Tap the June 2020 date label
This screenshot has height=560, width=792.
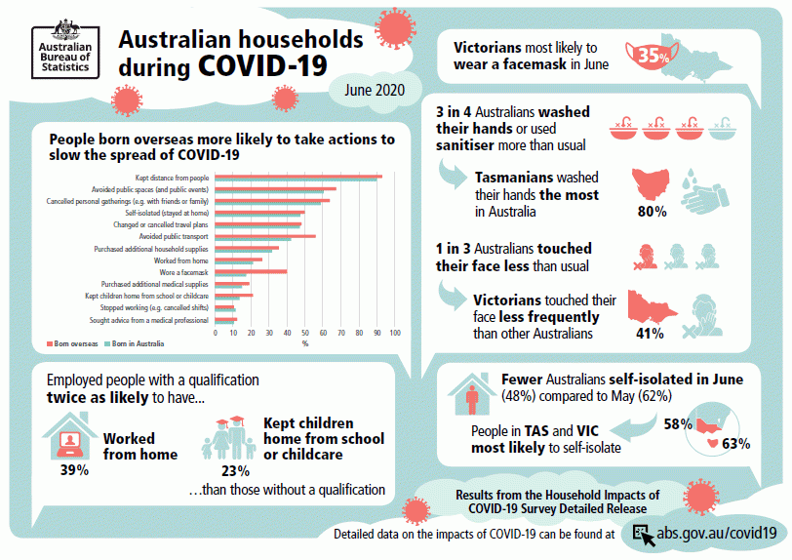tap(375, 89)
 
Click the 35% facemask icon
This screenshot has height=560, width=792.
tap(652, 56)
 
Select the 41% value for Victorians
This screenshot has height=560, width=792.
tap(650, 333)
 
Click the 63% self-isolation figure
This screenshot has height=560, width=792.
tap(735, 444)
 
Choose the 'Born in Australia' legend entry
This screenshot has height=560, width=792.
tap(135, 343)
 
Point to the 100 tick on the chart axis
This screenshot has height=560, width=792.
tap(395, 334)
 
